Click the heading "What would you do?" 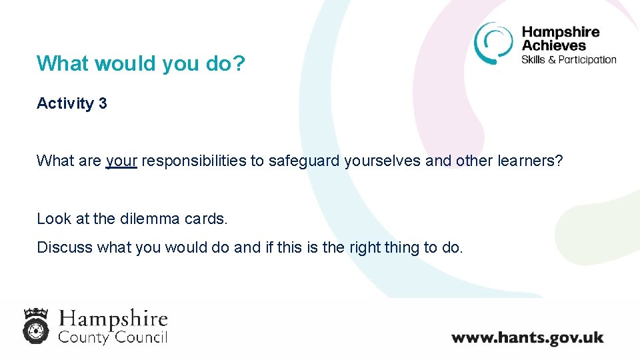tap(141, 63)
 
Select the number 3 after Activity tap(102, 103)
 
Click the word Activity tap(65, 103)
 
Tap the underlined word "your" tap(121, 161)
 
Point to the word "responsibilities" tap(194, 161)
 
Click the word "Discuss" tap(65, 247)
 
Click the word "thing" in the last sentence tap(401, 247)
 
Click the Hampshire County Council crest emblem tap(37, 325)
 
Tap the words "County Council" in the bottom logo tap(113, 337)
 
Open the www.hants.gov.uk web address tap(527, 337)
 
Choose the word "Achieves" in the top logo tap(553, 45)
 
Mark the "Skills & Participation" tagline tap(569, 59)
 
